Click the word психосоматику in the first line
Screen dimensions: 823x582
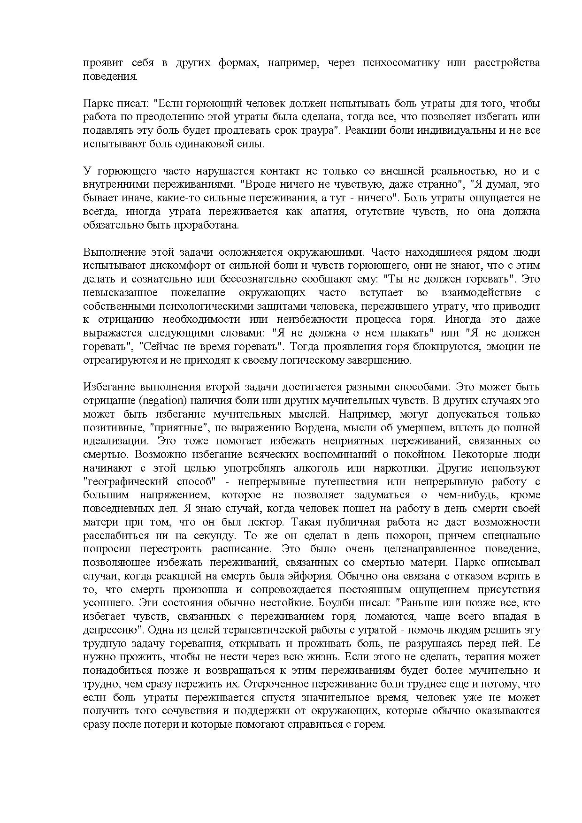click(401, 63)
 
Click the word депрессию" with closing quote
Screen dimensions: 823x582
click(113, 630)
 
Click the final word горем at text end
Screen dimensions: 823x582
click(370, 724)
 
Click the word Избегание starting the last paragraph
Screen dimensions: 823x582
click(108, 387)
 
